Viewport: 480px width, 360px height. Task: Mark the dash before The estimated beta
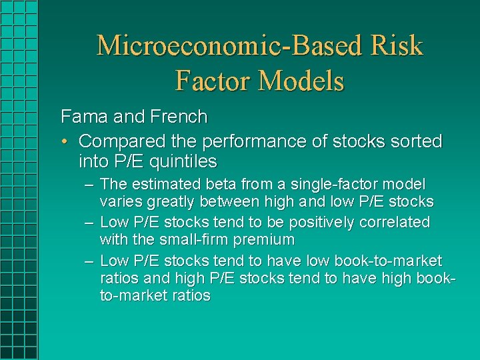89,184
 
